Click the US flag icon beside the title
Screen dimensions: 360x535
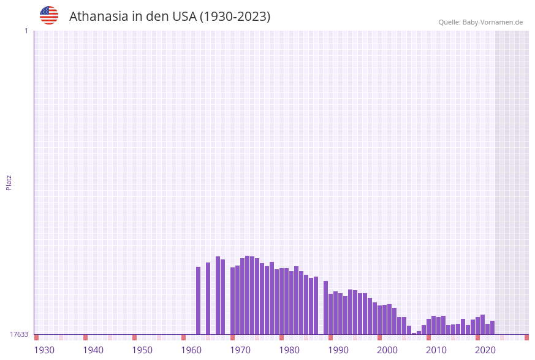pyautogui.click(x=49, y=15)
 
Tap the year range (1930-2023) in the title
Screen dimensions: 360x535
pyautogui.click(x=235, y=17)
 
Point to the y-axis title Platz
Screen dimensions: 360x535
pyautogui.click(x=9, y=182)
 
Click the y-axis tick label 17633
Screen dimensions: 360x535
pyautogui.click(x=19, y=334)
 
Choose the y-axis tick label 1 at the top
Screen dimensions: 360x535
pyautogui.click(x=26, y=31)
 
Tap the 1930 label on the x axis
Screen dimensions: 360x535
pyautogui.click(x=44, y=350)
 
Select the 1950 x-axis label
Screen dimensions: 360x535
pyautogui.click(x=142, y=350)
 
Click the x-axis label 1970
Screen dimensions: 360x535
pyautogui.click(x=240, y=350)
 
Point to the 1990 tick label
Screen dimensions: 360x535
pyautogui.click(x=338, y=350)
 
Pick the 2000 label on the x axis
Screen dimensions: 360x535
pyautogui.click(x=387, y=350)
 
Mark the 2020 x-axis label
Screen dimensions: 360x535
pyautogui.click(x=485, y=350)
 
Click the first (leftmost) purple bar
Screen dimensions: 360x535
pyautogui.click(x=198, y=301)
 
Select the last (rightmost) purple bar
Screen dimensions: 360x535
pyautogui.click(x=492, y=327)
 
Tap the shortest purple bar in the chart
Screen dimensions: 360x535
pyautogui.click(x=414, y=334)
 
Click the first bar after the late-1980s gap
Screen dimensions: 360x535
pyautogui.click(x=325, y=307)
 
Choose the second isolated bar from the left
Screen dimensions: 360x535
pyautogui.click(x=208, y=298)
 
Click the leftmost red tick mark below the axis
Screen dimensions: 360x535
pyautogui.click(x=36, y=337)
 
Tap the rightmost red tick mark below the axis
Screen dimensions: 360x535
pyautogui.click(x=526, y=337)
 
